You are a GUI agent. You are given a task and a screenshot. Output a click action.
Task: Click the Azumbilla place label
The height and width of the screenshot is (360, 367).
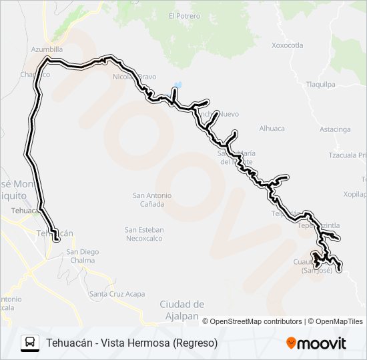47,49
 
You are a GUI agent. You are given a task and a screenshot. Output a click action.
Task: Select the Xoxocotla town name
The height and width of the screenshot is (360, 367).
288,45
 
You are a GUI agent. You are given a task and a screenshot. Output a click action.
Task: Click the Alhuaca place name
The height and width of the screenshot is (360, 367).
272,128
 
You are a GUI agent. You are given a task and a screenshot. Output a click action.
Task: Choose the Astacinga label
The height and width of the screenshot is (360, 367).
335,129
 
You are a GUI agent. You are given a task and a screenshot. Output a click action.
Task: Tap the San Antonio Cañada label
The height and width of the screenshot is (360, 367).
152,199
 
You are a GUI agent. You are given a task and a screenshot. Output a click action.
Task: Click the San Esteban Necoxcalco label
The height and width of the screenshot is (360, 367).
144,233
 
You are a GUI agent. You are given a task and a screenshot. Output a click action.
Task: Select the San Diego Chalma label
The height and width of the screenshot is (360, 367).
83,255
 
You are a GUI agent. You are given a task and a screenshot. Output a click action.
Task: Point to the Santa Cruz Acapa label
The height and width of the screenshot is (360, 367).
117,294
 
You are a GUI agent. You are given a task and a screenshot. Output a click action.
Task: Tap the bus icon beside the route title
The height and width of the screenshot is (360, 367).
30,343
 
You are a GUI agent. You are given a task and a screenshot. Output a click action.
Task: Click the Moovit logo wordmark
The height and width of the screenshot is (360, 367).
322,343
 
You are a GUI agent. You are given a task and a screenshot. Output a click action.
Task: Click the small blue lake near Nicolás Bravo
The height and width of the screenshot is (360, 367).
177,85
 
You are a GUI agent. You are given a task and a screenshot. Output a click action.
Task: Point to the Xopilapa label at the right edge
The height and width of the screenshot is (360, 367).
354,193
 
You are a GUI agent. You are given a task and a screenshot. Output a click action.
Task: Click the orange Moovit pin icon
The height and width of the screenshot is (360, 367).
291,343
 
